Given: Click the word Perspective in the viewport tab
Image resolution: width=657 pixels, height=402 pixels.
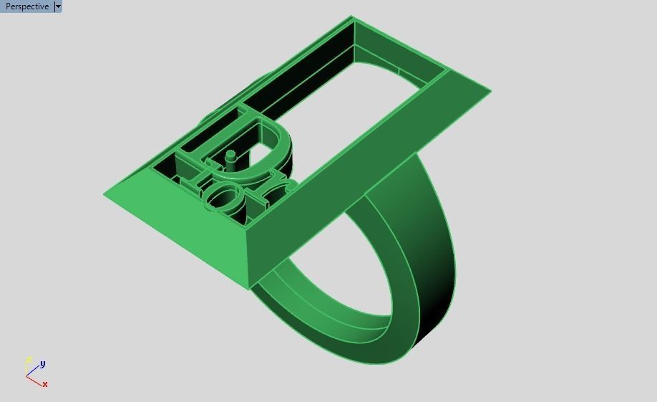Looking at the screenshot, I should (27, 6).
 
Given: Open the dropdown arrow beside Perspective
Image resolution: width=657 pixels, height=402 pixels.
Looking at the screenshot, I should (58, 6).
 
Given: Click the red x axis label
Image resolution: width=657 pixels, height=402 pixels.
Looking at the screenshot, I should (45, 385).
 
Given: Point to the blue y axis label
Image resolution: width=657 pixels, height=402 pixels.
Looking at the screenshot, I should (43, 364).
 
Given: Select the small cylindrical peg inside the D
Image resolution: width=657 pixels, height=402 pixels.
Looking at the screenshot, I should (230, 158).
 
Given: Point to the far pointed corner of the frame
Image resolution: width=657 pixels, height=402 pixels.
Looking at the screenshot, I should (352, 16).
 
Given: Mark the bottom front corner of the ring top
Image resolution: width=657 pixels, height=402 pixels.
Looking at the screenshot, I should (248, 289).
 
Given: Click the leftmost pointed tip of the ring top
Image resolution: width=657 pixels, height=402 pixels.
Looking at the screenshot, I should (104, 193).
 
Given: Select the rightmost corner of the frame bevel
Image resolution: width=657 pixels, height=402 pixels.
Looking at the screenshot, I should (490, 91).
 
